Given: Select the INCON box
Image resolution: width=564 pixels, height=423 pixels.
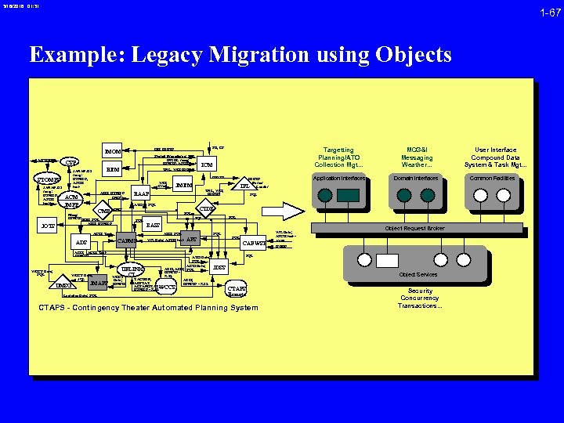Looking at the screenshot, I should point(114,150).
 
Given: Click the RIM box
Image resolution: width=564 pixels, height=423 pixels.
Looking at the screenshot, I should point(112,168).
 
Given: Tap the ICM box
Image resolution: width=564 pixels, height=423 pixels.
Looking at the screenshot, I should point(207,165).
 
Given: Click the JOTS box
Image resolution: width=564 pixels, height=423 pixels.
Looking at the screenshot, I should point(48,227).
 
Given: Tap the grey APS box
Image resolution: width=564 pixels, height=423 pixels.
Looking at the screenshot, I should point(190,240).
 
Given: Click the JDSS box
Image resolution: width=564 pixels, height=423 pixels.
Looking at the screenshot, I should point(219,268).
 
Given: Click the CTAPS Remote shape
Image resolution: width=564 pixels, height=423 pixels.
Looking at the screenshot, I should point(237,290).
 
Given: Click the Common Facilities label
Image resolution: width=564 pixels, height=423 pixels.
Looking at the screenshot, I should point(492,179).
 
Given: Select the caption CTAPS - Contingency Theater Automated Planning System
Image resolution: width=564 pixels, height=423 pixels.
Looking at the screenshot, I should point(148,307).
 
